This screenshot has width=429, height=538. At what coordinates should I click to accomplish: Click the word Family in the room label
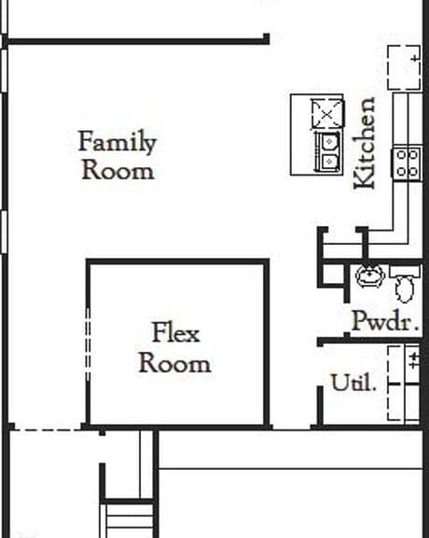pyautogui.click(x=118, y=141)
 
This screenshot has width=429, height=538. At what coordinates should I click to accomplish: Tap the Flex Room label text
pyautogui.click(x=174, y=347)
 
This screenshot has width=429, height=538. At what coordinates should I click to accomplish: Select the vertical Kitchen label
pyautogui.click(x=365, y=143)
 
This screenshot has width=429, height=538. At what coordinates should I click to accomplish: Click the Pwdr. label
pyautogui.click(x=385, y=320)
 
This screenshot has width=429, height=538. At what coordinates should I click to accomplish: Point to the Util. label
pyautogui.click(x=353, y=382)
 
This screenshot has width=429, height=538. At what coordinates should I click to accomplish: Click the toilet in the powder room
pyautogui.click(x=405, y=284)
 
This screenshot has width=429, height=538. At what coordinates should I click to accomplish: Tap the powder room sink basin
pyautogui.click(x=370, y=276)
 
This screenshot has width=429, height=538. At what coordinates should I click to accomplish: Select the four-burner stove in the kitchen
pyautogui.click(x=407, y=163)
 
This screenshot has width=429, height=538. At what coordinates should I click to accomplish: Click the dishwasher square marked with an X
pyautogui.click(x=326, y=114)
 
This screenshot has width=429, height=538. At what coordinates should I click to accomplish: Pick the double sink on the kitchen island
pyautogui.click(x=328, y=151)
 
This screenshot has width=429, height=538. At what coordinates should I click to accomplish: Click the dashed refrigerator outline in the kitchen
pyautogui.click(x=405, y=67)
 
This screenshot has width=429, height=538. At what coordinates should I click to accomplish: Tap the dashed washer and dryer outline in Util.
pyautogui.click(x=404, y=383)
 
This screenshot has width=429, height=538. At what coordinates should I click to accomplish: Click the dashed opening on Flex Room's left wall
pyautogui.click(x=88, y=344)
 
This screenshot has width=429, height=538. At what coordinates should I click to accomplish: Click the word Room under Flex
pyautogui.click(x=174, y=363)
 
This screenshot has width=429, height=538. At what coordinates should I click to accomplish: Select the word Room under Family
pyautogui.click(x=118, y=170)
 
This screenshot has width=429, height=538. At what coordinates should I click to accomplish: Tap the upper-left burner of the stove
pyautogui.click(x=401, y=155)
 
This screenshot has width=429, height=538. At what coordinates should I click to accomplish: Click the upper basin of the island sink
pyautogui.click(x=329, y=141)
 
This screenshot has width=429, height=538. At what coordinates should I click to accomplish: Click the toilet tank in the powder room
pyautogui.click(x=405, y=271)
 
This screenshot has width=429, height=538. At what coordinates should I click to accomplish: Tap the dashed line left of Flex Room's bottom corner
pyautogui.click(x=48, y=430)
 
